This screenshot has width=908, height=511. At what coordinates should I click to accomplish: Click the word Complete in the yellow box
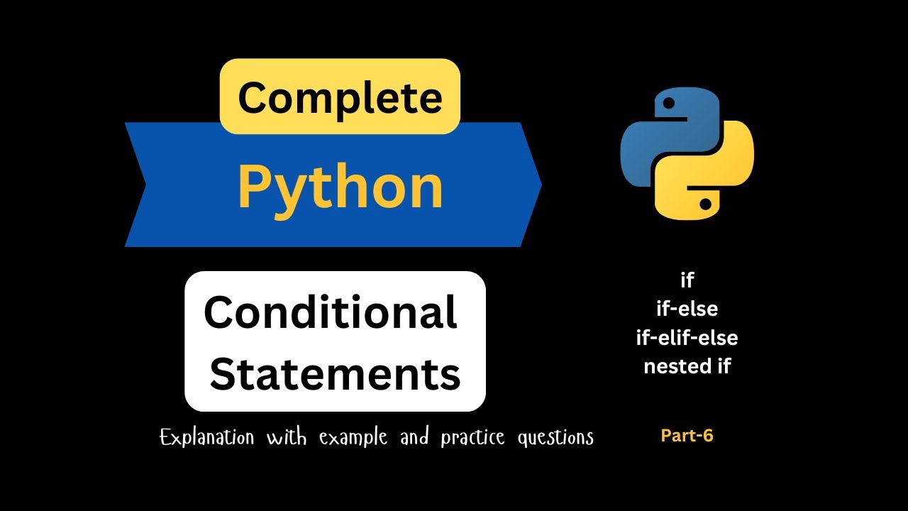coord(340,97)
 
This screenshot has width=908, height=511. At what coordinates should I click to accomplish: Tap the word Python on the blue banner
coord(340,188)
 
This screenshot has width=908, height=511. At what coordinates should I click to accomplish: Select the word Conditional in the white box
coord(331,313)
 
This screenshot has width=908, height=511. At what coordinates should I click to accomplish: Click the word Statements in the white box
coord(335,374)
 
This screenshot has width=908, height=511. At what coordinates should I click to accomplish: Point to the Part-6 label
coord(687,436)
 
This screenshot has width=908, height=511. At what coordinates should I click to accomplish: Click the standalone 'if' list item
coord(687,280)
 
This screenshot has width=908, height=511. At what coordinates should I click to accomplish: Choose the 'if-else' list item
coord(687,309)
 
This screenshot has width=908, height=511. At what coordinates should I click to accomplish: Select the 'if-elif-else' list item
coord(687,338)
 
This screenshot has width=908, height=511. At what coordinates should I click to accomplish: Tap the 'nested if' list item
coord(687,366)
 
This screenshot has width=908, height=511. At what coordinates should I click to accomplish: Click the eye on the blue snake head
coord(668,104)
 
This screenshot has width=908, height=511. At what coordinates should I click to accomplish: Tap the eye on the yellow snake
coord(705,204)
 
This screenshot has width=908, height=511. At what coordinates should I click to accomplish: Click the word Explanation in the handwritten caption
coord(206,437)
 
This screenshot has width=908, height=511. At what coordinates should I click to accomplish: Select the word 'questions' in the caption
coord(555,438)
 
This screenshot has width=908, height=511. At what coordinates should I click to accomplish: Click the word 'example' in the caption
coord(353,438)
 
